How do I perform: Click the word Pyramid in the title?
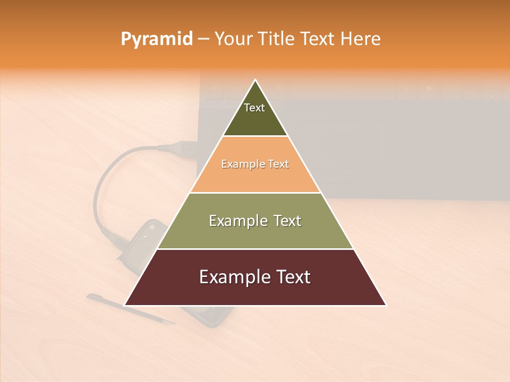tap(156, 39)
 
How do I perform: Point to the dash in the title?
tap(203, 39)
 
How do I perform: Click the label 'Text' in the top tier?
tap(254, 108)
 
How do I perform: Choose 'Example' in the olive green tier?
tap(235, 220)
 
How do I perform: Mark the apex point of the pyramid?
tap(255, 80)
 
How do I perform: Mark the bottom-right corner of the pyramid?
tap(386, 305)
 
